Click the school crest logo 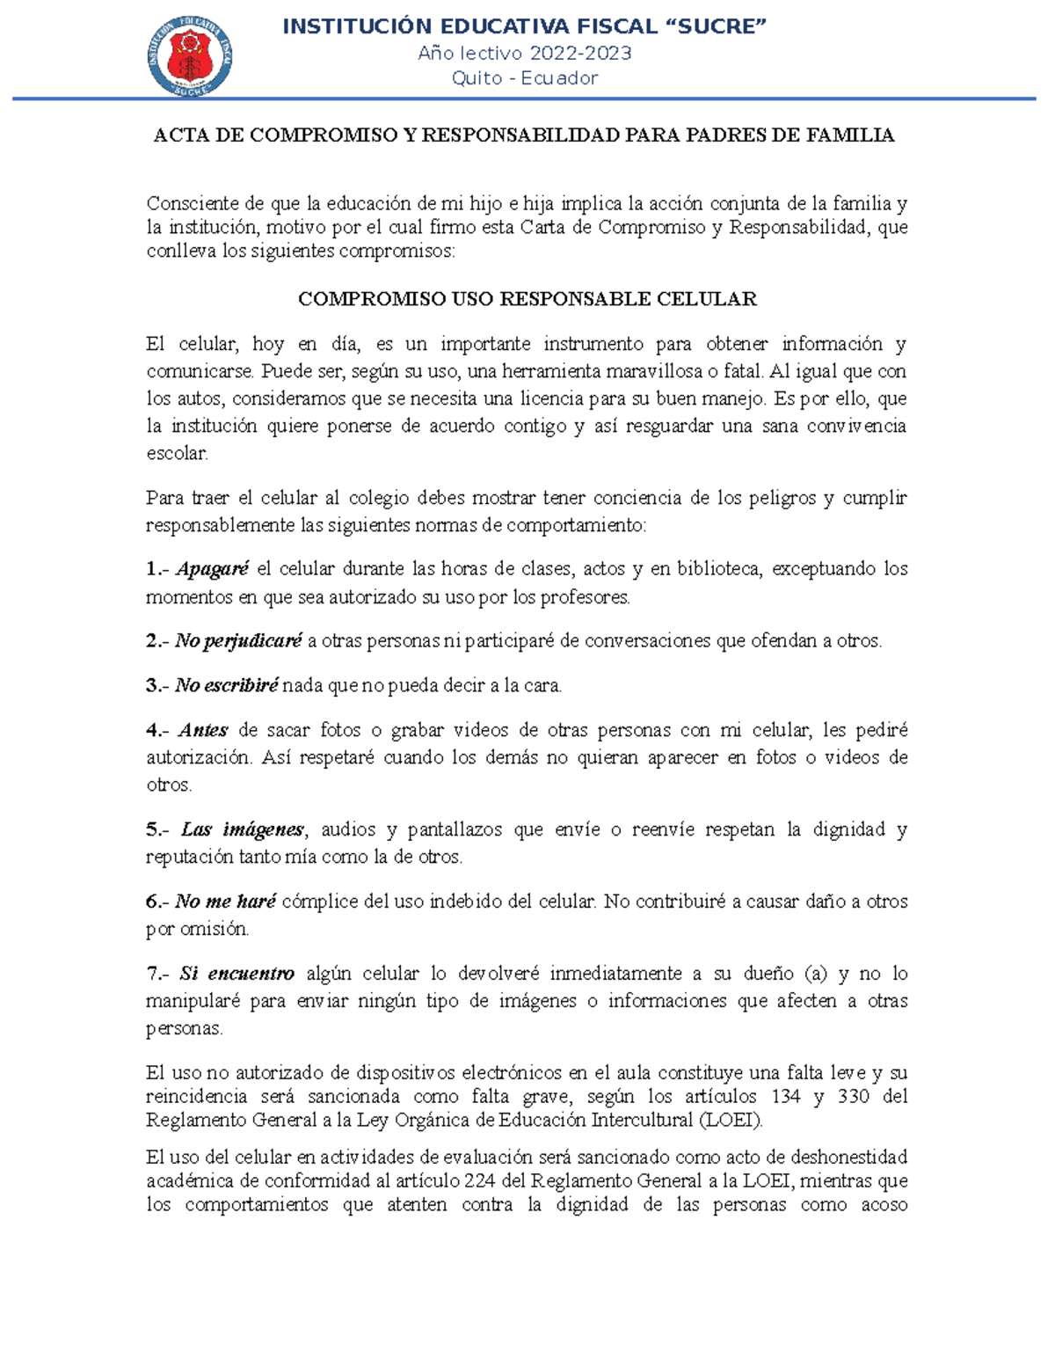click(x=190, y=55)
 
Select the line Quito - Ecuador click(x=525, y=78)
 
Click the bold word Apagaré click(x=213, y=569)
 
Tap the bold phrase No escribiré click(x=226, y=685)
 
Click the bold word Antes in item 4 click(x=203, y=730)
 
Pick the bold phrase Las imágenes click(x=243, y=829)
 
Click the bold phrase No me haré click(x=225, y=902)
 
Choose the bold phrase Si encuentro click(x=237, y=974)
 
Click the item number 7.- click(x=157, y=974)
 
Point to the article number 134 click(x=786, y=1097)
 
